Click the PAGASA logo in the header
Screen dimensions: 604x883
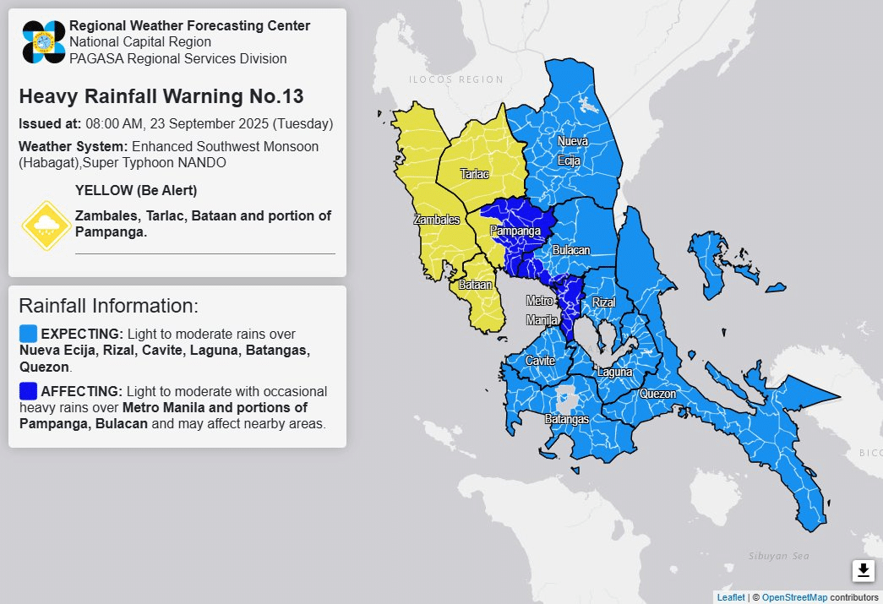44,41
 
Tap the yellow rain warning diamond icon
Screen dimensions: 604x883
46,226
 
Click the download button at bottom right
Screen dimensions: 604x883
863,571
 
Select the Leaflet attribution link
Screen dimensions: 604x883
731,597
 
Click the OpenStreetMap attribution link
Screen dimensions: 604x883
794,597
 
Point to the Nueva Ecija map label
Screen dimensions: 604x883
572,150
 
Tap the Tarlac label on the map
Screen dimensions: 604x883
474,174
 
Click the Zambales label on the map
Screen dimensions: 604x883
437,220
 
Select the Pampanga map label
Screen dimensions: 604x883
515,231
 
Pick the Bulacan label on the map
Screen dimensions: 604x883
571,251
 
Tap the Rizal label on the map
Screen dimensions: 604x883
603,302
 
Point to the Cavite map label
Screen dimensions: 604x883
540,361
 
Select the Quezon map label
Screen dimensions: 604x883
657,394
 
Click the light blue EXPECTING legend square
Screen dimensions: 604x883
28,334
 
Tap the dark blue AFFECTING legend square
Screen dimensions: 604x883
28,391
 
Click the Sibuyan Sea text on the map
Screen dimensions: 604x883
778,556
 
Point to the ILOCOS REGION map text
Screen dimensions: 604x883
455,79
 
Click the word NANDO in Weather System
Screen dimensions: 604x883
202,162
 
